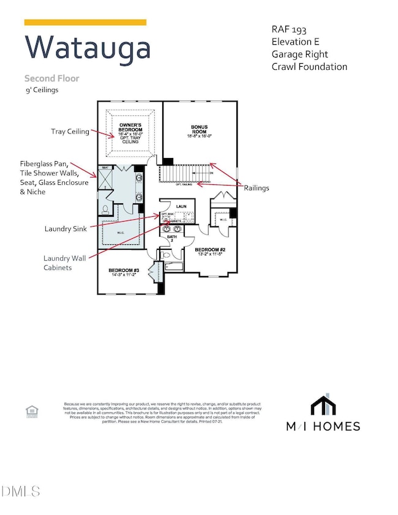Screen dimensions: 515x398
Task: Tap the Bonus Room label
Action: point(199,131)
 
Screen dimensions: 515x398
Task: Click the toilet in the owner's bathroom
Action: point(105,209)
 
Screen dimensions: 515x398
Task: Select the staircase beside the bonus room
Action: point(184,175)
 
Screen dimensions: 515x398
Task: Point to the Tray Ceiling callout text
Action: point(72,132)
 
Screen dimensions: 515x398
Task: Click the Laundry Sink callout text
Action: point(65,228)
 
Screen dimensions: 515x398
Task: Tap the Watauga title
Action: point(87,48)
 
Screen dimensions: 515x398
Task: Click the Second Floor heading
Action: point(52,78)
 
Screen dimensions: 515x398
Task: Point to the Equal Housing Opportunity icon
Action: point(30,410)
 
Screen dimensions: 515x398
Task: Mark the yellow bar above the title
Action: point(85,23)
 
